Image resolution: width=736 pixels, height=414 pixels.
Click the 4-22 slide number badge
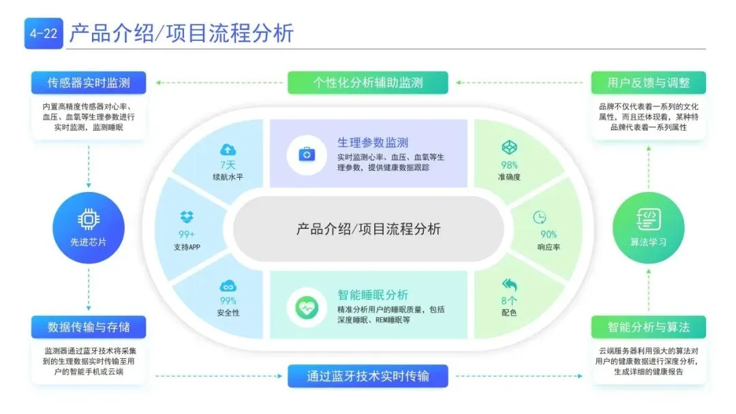[x=44, y=33]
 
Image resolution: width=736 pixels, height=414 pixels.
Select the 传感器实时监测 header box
[x=89, y=83]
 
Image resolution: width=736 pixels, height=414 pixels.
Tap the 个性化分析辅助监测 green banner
[x=368, y=83]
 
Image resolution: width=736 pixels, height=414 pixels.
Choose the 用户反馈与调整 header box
[x=648, y=83]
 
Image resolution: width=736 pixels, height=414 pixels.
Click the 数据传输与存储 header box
[x=89, y=327]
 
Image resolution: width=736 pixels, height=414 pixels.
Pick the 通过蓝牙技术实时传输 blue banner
[x=368, y=376]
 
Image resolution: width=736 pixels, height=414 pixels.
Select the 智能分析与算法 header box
[x=648, y=327]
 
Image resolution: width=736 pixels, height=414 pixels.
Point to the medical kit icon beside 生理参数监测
[x=307, y=154]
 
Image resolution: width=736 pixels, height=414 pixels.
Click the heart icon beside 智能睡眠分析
[x=307, y=307]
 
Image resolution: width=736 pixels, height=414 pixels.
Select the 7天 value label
[x=228, y=165]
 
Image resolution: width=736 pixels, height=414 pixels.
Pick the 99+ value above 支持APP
[x=187, y=234]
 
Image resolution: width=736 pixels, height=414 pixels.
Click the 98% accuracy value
[x=509, y=165]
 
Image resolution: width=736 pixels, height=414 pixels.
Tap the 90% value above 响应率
[x=549, y=234]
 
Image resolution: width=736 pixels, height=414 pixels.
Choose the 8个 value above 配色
[x=509, y=300]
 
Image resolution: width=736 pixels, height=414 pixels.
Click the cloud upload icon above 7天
[x=228, y=149]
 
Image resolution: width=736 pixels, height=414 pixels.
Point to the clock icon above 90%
[x=540, y=217]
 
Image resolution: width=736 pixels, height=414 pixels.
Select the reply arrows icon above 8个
[x=509, y=285]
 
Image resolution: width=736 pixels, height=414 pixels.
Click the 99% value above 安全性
[x=228, y=300]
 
